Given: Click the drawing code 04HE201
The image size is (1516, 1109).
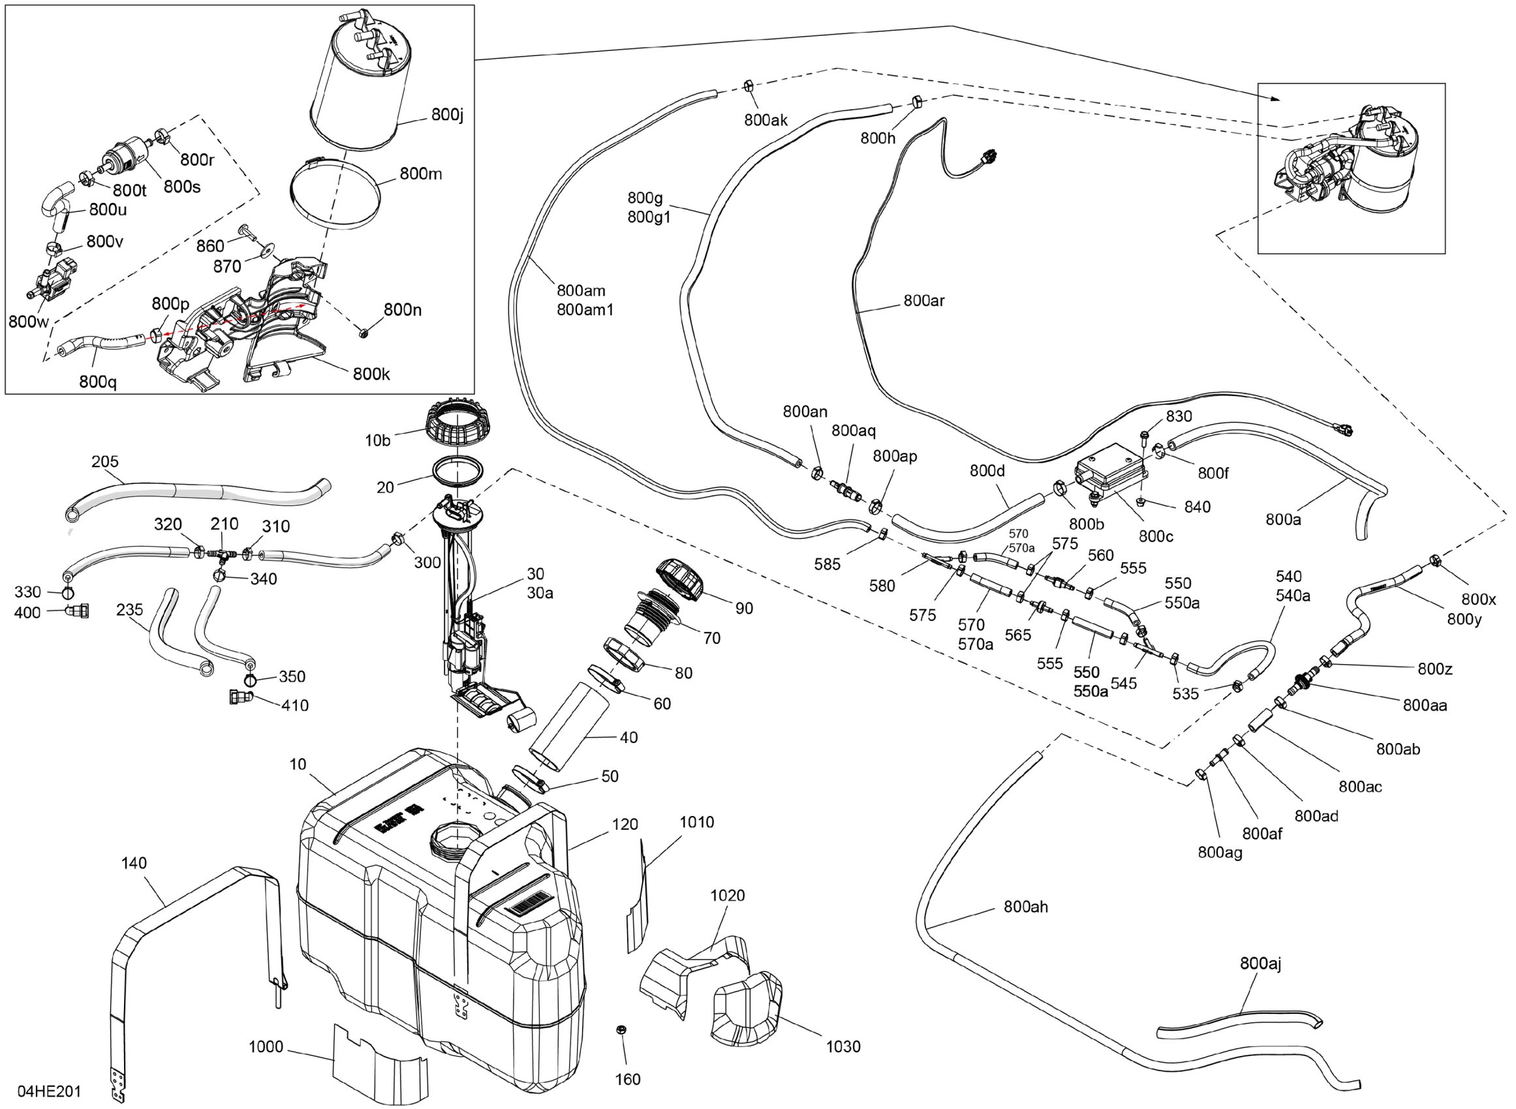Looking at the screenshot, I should pyautogui.click(x=49, y=1091).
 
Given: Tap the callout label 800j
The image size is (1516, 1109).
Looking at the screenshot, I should pyautogui.click(x=447, y=115).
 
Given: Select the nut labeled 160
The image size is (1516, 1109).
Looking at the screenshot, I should pyautogui.click(x=621, y=1030).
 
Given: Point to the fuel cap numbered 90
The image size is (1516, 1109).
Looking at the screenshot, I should pyautogui.click(x=679, y=579).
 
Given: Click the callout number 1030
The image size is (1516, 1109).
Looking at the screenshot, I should pyautogui.click(x=843, y=1046).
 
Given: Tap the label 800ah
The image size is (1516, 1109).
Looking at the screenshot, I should pyautogui.click(x=1025, y=907).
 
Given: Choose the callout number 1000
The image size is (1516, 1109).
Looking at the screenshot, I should pyautogui.click(x=266, y=1046).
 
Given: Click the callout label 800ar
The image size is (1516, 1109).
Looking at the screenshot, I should pyautogui.click(x=924, y=301).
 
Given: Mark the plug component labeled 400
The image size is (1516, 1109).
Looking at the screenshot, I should pyautogui.click(x=80, y=611).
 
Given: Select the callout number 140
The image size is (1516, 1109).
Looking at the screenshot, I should pyautogui.click(x=134, y=862).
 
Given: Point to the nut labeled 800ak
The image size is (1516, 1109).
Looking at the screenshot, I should pyautogui.click(x=747, y=86).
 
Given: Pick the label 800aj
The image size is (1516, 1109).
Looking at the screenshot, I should pyautogui.click(x=1260, y=964).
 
